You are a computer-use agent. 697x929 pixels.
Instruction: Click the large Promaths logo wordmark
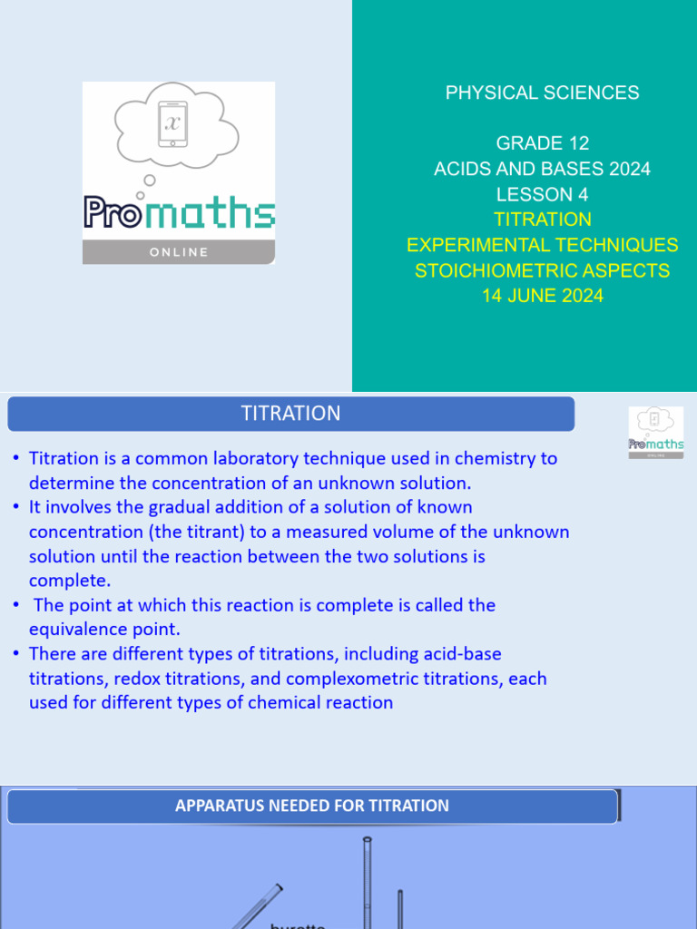[x=179, y=214]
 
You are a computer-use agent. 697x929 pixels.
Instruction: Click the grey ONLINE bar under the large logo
[x=179, y=252]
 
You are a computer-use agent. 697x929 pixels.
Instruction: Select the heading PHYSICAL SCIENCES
[x=542, y=93]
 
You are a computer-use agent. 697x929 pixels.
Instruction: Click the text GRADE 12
[x=542, y=143]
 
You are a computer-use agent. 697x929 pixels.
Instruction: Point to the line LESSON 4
[x=542, y=194]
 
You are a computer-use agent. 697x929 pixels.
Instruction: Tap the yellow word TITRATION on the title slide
[x=542, y=220]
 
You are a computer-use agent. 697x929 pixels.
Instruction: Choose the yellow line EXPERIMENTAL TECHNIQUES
[x=542, y=245]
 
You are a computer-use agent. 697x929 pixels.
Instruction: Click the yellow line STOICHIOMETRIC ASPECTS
[x=542, y=270]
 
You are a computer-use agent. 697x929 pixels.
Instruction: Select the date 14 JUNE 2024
[x=542, y=296]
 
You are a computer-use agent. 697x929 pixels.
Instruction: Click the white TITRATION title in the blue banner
[x=290, y=414]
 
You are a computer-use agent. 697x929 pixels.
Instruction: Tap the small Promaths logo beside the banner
[x=655, y=432]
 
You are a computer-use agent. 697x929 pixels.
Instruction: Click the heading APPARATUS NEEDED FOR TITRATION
[x=311, y=806]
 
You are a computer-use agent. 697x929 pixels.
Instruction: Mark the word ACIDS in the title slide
[x=460, y=169]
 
